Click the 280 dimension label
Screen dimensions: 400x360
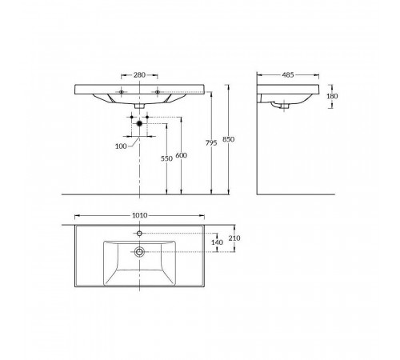click(x=139, y=75)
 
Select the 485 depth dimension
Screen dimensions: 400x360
click(x=288, y=75)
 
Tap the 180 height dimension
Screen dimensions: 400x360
click(x=332, y=96)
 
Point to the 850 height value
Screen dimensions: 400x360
click(x=229, y=139)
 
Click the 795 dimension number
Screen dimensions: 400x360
click(x=211, y=143)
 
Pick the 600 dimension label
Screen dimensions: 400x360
click(x=182, y=155)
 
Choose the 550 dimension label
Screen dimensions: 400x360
click(x=166, y=158)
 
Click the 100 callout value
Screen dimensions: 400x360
click(x=121, y=146)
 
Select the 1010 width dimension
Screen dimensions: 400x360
click(x=140, y=215)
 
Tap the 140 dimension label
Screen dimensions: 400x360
click(x=217, y=242)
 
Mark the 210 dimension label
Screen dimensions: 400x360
click(x=234, y=238)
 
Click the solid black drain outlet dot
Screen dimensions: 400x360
click(x=139, y=123)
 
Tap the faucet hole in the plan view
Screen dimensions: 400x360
click(x=139, y=234)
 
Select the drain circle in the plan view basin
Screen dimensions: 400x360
click(x=139, y=251)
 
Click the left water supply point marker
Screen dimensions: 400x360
click(x=132, y=117)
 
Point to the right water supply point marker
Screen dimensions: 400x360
click(x=147, y=117)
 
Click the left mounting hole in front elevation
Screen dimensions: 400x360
click(x=122, y=92)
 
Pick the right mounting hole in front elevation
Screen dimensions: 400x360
click(x=158, y=92)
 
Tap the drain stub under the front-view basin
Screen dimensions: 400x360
click(x=139, y=106)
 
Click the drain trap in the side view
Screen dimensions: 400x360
click(x=280, y=106)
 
